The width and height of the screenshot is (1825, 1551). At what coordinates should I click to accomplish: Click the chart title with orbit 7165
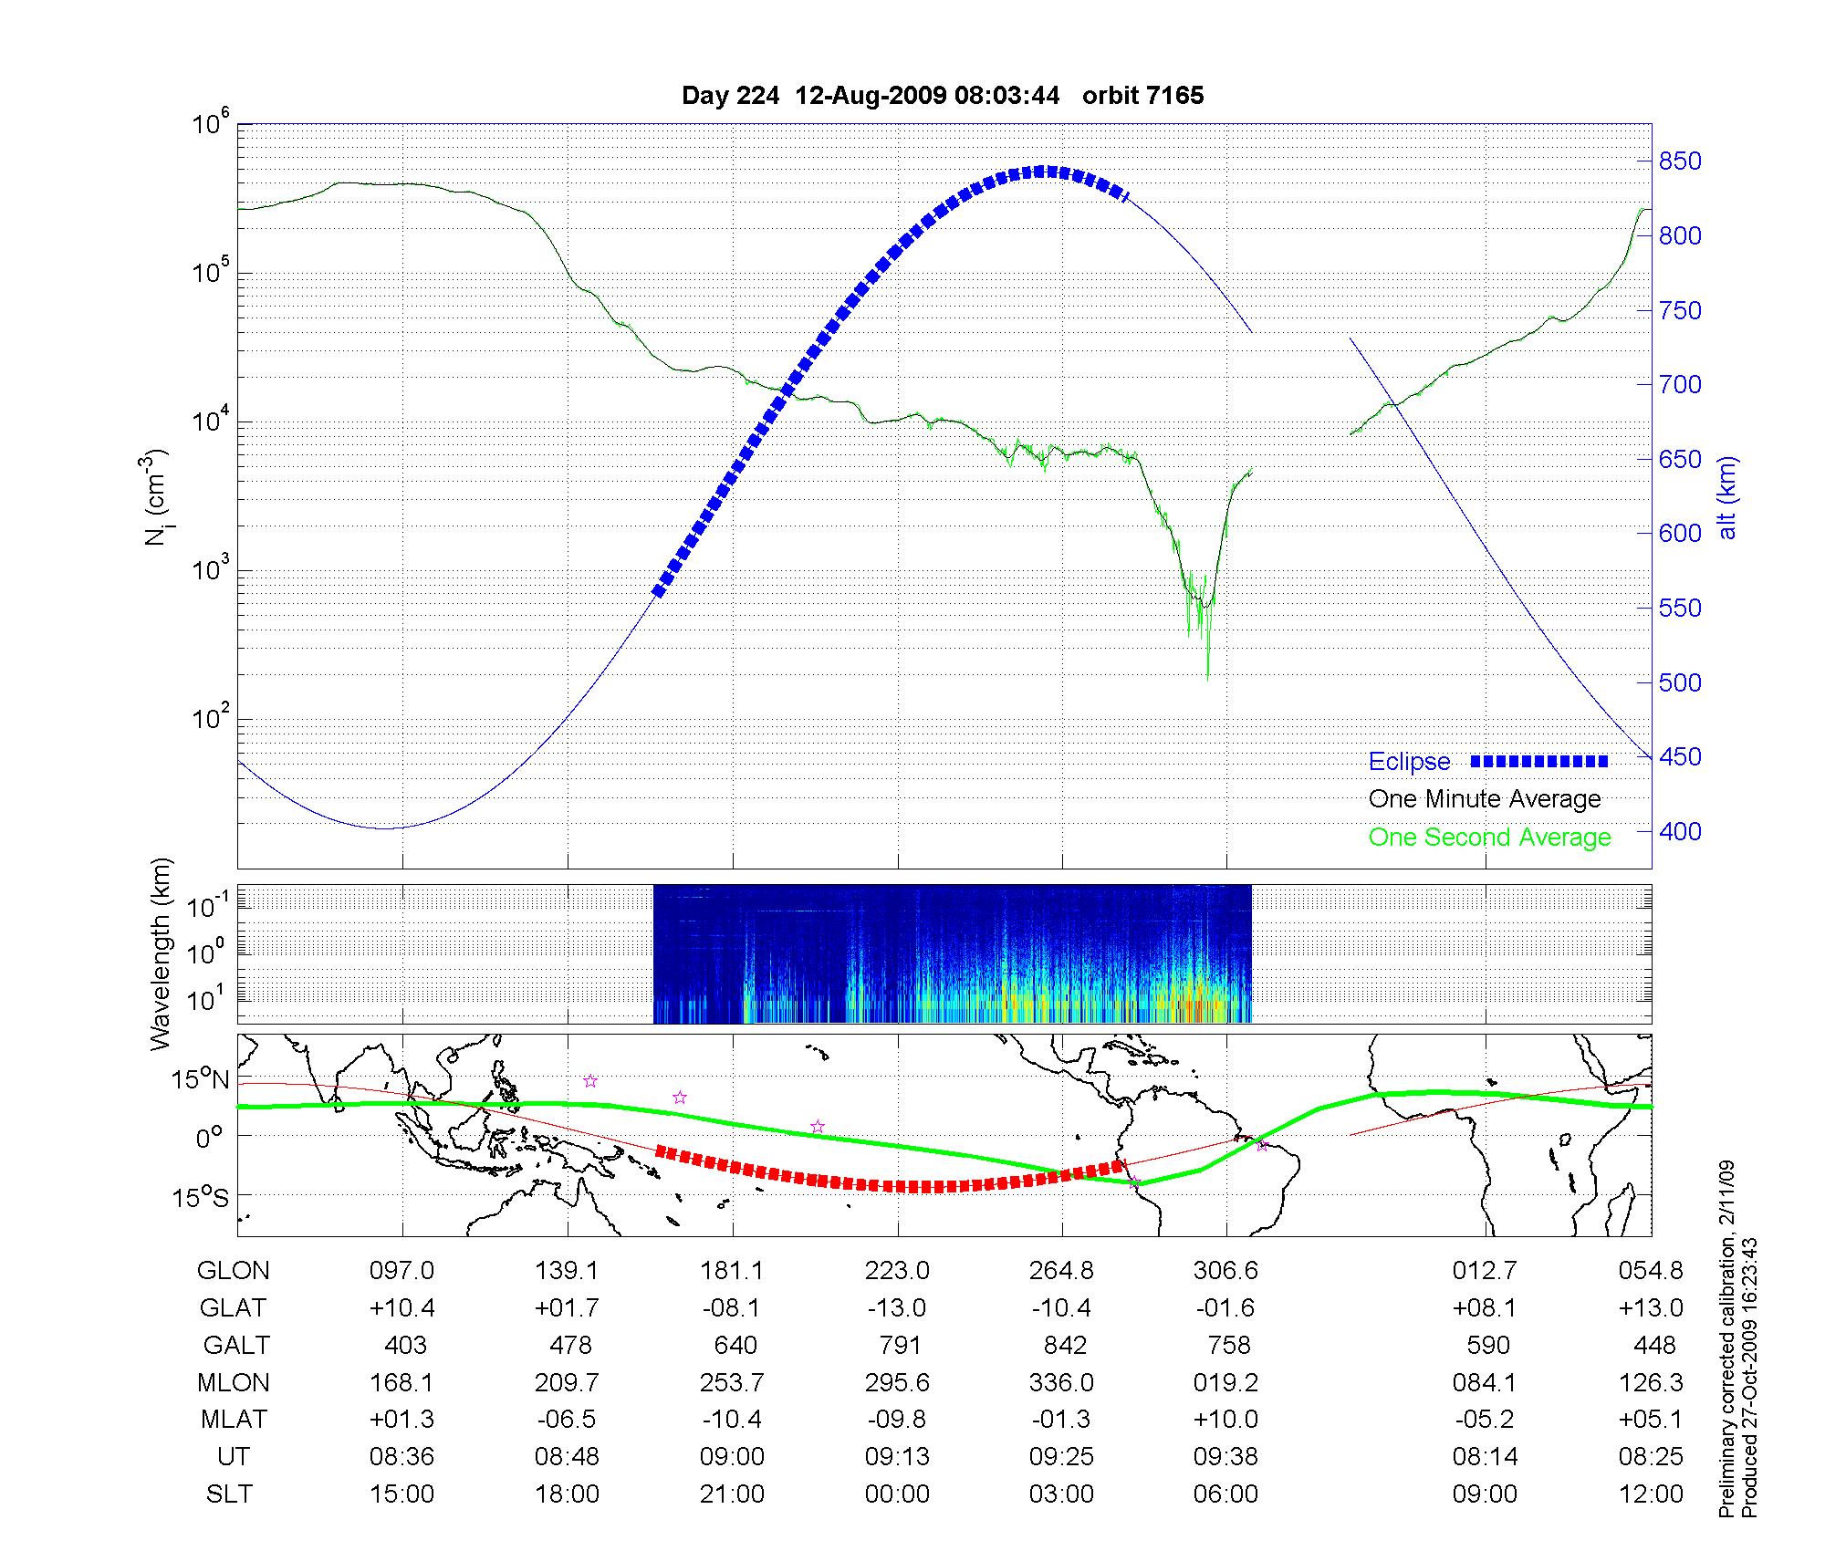click(x=943, y=96)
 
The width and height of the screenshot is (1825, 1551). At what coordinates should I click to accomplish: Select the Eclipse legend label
click(x=1409, y=762)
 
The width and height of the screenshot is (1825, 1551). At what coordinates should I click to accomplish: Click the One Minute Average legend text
click(x=1485, y=799)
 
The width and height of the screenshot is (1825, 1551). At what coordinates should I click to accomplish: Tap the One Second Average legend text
click(x=1489, y=838)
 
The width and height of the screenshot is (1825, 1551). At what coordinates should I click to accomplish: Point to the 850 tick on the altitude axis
click(x=1680, y=161)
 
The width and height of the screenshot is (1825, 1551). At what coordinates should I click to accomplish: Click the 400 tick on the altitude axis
click(x=1680, y=831)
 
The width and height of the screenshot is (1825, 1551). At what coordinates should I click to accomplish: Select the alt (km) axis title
click(x=1727, y=497)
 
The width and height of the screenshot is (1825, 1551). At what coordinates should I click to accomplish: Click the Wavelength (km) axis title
click(x=162, y=953)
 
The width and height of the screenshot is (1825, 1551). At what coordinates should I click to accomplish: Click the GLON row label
click(x=234, y=1271)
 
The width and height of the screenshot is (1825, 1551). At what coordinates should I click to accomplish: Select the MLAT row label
click(x=234, y=1421)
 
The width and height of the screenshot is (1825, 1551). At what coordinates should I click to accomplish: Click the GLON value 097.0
click(x=401, y=1271)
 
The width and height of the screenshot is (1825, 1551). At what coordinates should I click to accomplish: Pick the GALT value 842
click(x=1064, y=1346)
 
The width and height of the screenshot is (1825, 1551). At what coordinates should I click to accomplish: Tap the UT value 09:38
click(x=1225, y=1457)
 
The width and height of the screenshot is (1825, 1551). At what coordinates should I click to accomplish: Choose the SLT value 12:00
click(x=1651, y=1494)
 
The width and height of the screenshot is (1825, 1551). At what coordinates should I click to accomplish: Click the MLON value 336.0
click(x=1061, y=1383)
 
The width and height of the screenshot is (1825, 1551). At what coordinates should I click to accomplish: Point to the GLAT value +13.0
click(x=1650, y=1308)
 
